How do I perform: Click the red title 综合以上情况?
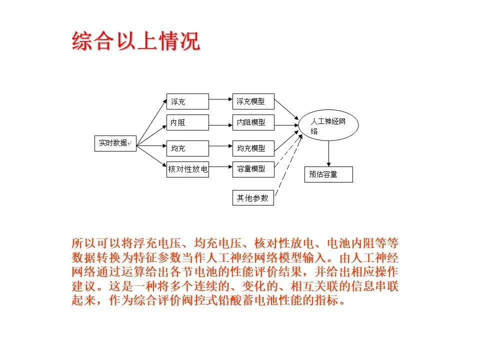coord(136,41)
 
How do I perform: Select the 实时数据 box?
coord(115,143)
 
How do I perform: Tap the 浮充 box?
coord(187,101)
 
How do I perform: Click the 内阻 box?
coord(187,122)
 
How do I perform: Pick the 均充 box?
coord(187,148)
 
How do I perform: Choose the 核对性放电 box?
coord(187,169)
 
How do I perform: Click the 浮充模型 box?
coord(253,101)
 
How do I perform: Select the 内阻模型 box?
coord(253,122)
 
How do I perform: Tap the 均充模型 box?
coord(253,148)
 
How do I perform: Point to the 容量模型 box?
coord(253,169)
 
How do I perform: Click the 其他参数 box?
coord(253,198)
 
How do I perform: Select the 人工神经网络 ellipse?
coord(328,126)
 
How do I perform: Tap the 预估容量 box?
coord(328,174)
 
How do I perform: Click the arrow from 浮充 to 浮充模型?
coord(220,99)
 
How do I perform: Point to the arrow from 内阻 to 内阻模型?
coord(220,122)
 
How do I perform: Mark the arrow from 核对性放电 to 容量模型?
coord(220,168)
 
